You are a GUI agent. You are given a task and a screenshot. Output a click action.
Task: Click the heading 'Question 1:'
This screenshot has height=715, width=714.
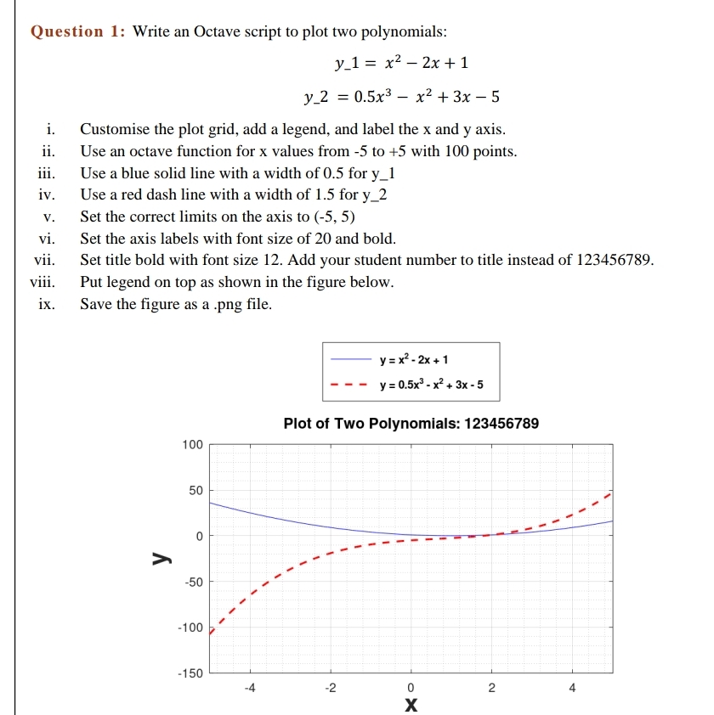point(77,32)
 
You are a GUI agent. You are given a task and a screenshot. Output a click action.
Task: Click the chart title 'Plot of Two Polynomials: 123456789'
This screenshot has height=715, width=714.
point(411,423)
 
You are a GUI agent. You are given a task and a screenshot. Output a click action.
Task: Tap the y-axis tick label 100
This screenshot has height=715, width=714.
point(192,444)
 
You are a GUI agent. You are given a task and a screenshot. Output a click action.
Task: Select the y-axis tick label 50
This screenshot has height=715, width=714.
point(195,491)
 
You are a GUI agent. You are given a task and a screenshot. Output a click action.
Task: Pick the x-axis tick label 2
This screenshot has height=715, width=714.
point(491,689)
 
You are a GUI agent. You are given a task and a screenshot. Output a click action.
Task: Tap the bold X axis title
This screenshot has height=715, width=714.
point(411,705)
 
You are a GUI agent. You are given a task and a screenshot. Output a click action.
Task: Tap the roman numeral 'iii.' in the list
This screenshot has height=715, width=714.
point(46,173)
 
